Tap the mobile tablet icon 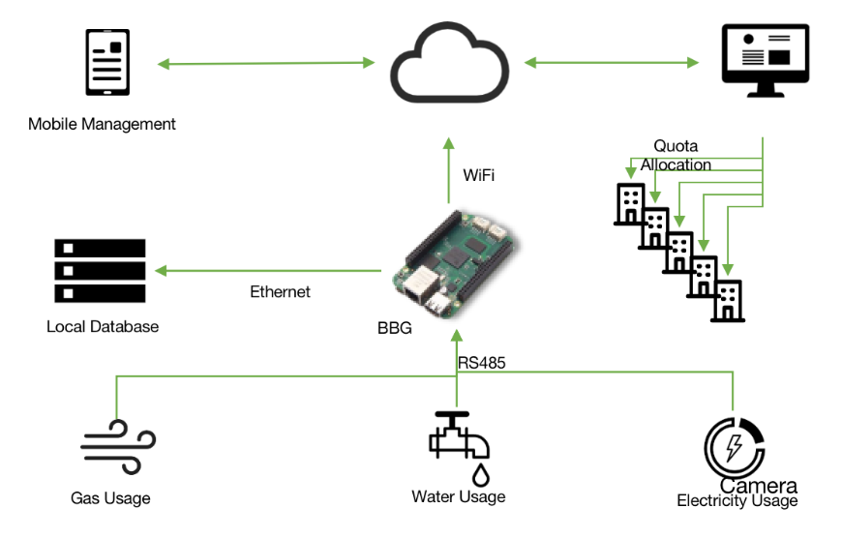[108, 63]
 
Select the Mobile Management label [102, 124]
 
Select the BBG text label [394, 328]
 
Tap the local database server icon [100, 270]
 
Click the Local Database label [103, 326]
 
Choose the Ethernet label [280, 291]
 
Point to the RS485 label [482, 364]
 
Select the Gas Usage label [110, 498]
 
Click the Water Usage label [459, 496]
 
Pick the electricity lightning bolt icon [735, 448]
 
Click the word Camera [758, 485]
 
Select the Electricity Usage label [737, 500]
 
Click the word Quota [676, 146]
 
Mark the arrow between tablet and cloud [266, 64]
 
